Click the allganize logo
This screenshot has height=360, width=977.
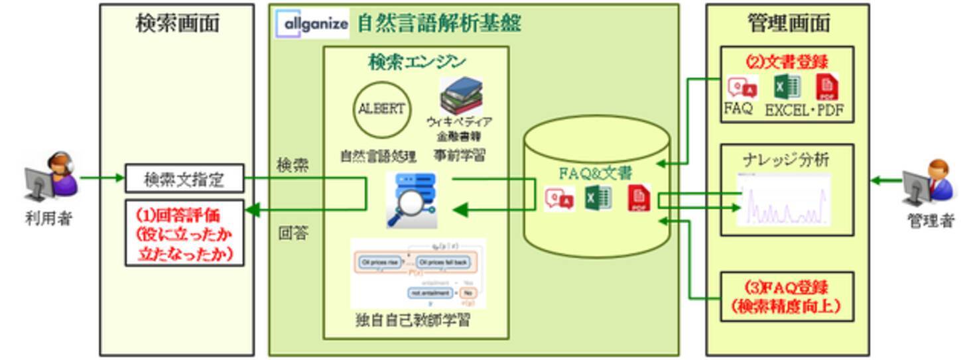[312, 24]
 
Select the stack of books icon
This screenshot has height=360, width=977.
[461, 95]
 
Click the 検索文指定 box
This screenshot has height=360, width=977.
[184, 179]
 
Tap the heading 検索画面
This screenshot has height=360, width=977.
[177, 24]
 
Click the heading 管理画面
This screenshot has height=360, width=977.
[788, 24]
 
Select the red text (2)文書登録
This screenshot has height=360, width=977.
[787, 62]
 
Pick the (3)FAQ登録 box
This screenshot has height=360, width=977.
[787, 296]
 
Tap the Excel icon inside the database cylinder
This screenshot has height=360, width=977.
[598, 198]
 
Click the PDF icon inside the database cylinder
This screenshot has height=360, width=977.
[639, 200]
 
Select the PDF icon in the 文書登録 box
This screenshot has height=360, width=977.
[826, 88]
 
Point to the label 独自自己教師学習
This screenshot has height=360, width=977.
[413, 321]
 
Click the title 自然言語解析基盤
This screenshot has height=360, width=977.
[439, 24]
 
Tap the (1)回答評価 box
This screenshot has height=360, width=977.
[184, 233]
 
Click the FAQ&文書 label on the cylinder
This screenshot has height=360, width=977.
[595, 174]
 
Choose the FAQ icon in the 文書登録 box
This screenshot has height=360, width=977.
[742, 88]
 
